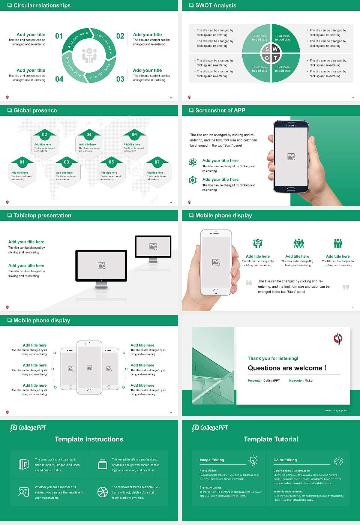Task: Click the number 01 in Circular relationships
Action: coord(59,36)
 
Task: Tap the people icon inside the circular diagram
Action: coord(89,55)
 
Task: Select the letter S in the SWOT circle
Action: coord(267,49)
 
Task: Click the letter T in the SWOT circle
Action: coord(275,58)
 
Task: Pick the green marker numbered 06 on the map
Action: coord(134,135)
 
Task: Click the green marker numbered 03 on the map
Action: coord(66,162)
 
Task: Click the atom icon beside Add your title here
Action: coord(193,162)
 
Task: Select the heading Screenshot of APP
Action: coord(220,110)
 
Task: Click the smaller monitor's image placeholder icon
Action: coord(153,246)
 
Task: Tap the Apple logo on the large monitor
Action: coord(101,280)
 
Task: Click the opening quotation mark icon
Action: coord(249,282)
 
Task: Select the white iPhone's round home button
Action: coord(216,291)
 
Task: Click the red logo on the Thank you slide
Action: coord(338,338)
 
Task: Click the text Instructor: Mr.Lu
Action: coord(300,381)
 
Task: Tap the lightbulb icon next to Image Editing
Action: coord(253,460)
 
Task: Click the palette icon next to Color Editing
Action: coord(338,461)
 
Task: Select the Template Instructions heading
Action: coord(89,439)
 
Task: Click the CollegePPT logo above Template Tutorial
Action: coord(210,427)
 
